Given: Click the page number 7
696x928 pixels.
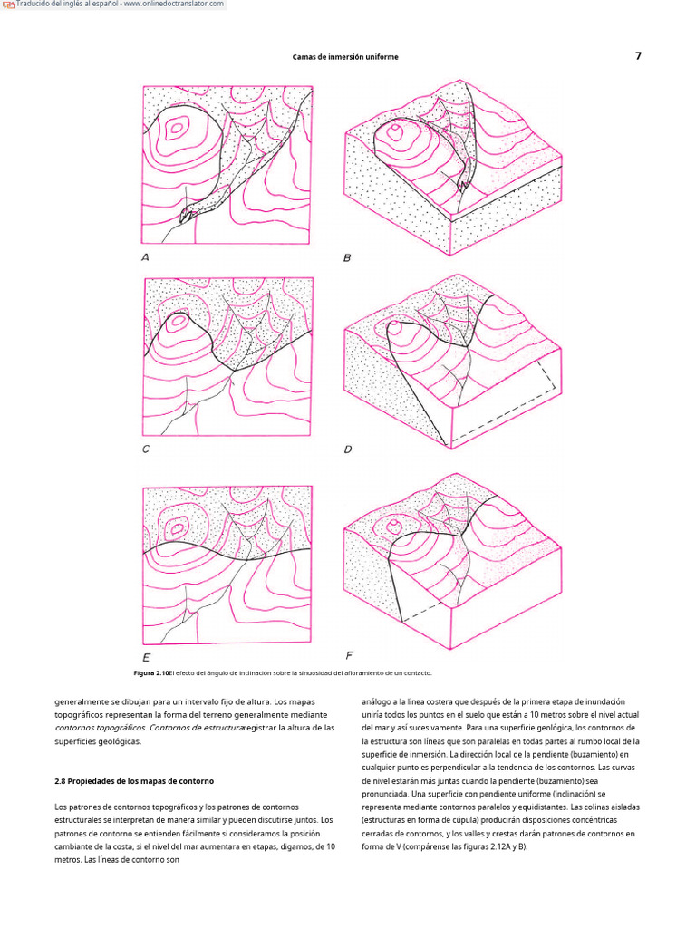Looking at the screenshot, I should [x=638, y=55].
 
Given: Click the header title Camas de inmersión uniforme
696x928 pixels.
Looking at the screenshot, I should [x=345, y=56].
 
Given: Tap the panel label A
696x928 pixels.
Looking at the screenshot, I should [x=145, y=257].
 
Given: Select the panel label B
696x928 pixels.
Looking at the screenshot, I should [x=347, y=258].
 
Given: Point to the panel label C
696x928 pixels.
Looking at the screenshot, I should [x=145, y=449].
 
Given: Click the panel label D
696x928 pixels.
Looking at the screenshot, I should [x=348, y=449].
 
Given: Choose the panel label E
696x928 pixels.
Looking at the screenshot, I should [x=146, y=657].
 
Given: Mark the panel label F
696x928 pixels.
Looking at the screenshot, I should [x=349, y=654].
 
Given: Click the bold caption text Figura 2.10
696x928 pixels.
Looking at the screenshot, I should [x=150, y=673].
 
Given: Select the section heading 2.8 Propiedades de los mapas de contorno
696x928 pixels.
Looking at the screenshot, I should [x=134, y=780].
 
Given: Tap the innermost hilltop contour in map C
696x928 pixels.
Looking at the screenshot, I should [x=179, y=320].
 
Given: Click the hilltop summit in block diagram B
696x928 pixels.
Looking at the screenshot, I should [x=395, y=132].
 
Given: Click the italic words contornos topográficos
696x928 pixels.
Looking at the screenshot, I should [x=100, y=727].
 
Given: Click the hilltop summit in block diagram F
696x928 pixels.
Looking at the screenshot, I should [x=393, y=525].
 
